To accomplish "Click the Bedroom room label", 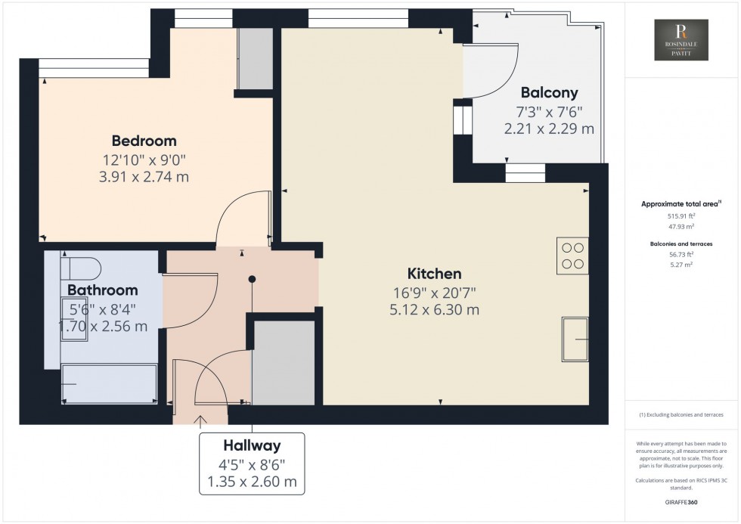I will click(144, 141).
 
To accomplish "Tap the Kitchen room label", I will click(434, 273).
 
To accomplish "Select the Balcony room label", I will click(549, 93).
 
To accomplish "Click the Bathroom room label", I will click(103, 290).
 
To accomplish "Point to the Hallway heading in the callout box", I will click(252, 445).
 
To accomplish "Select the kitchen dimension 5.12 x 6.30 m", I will click(434, 309).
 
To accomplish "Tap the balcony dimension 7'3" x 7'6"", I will click(549, 112).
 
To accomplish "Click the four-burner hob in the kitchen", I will click(572, 255).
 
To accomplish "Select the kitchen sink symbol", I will click(575, 340).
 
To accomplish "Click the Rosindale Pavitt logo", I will click(681, 40).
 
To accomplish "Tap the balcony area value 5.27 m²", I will click(681, 265).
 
